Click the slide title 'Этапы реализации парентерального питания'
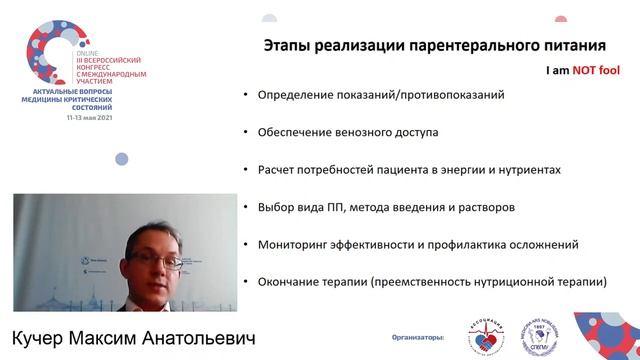[435, 46]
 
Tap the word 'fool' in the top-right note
[610, 71]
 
